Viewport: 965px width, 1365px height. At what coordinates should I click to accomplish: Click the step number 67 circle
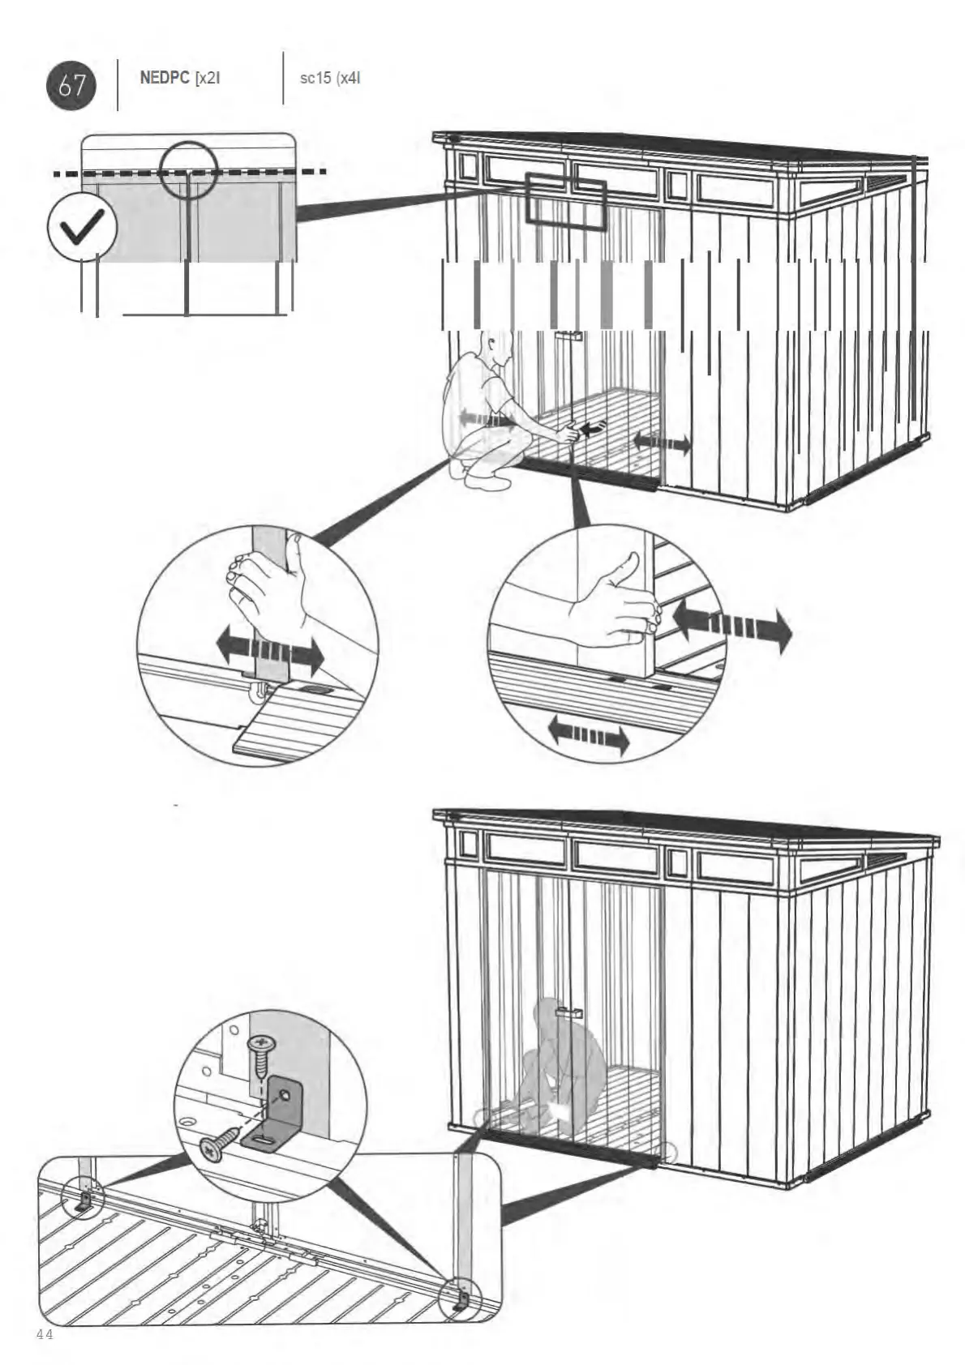coord(71,84)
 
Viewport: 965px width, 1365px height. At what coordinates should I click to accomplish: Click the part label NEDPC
coord(164,79)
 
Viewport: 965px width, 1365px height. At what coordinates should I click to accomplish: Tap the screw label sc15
coord(315,79)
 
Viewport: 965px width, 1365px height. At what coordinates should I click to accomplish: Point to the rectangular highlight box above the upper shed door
coord(566,199)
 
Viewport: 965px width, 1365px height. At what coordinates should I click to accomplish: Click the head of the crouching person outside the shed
coord(494,350)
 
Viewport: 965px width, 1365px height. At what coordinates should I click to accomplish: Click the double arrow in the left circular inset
coord(270,649)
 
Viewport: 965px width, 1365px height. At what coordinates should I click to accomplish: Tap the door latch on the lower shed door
coord(569,1012)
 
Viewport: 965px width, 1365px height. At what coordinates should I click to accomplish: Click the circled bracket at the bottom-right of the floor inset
coord(459,1301)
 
